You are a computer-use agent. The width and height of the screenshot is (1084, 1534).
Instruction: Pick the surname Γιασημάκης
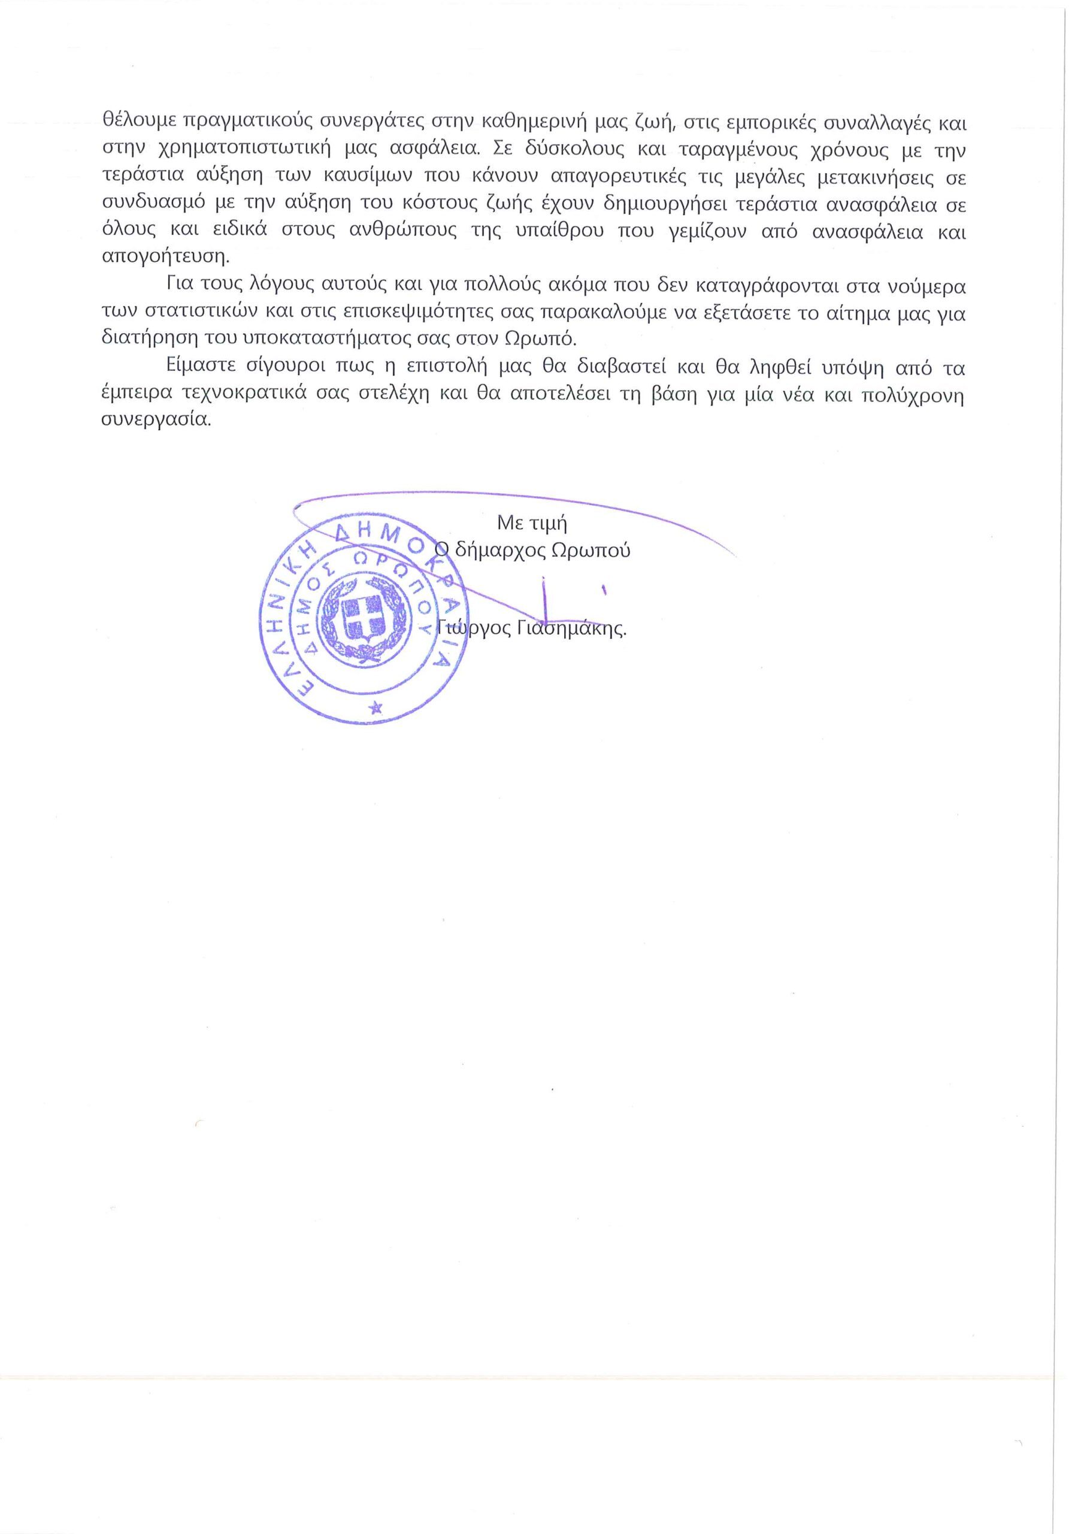click(x=571, y=629)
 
